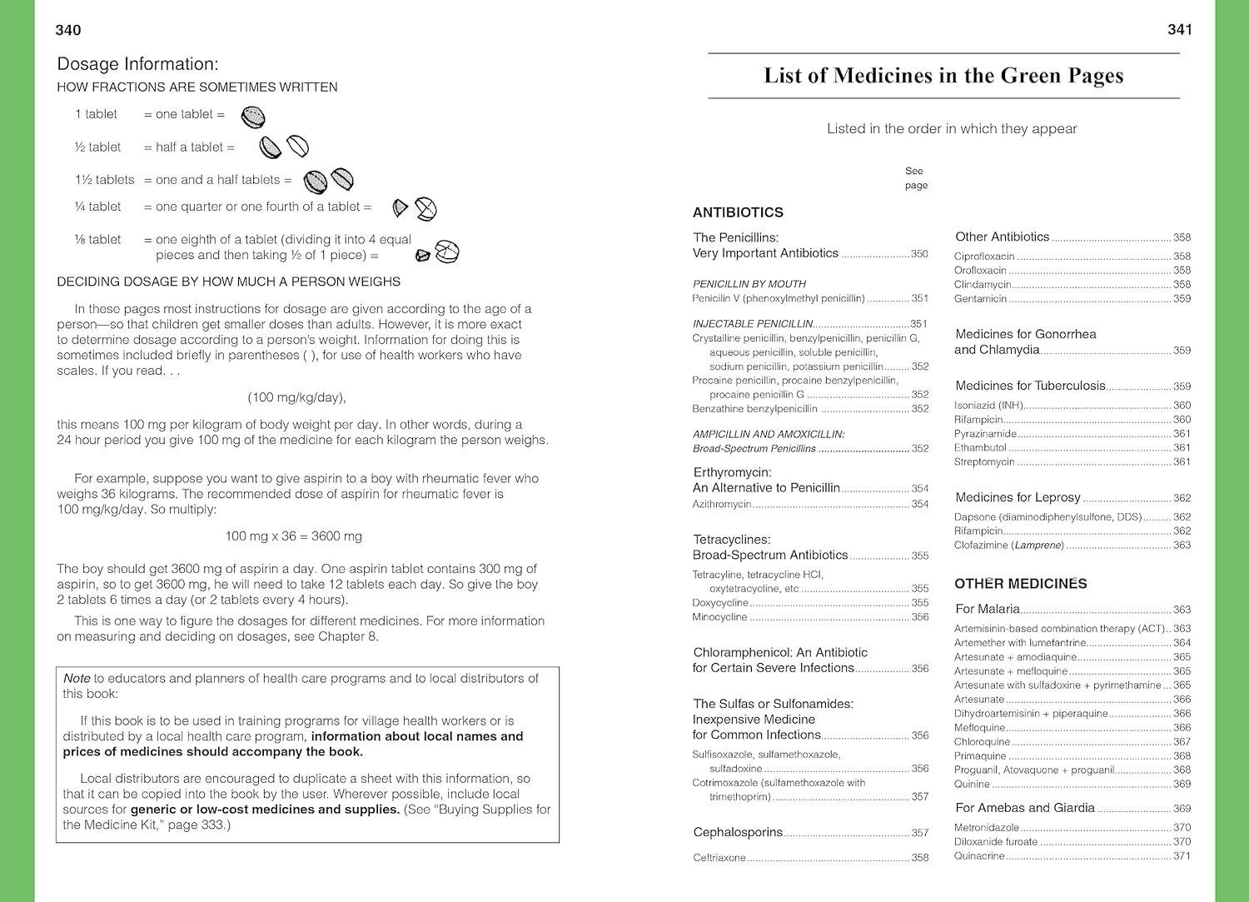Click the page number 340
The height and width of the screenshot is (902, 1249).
coord(68,31)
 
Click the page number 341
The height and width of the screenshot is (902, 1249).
coord(1180,30)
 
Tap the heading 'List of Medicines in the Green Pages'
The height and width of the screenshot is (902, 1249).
coord(943,76)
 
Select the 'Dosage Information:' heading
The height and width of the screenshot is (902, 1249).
coord(137,64)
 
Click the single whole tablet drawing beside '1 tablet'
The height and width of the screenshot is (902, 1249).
coord(253,117)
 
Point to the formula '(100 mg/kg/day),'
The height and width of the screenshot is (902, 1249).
coord(296,397)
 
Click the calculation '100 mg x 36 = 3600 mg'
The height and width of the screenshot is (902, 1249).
coord(293,536)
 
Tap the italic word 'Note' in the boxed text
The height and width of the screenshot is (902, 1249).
coord(77,679)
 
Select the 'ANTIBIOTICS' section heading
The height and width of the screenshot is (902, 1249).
coord(738,212)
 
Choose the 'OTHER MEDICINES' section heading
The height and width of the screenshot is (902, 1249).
coord(1020,584)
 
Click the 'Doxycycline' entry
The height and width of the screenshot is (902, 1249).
coord(720,603)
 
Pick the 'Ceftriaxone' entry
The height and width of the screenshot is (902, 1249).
coord(719,858)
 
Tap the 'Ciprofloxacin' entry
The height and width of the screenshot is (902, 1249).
coord(984,257)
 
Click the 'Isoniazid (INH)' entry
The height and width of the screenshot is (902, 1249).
coord(988,406)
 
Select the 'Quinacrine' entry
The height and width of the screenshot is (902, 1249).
coord(979,856)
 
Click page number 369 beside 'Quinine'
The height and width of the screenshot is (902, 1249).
coord(1182,785)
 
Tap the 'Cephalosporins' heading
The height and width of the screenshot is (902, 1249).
coord(738,832)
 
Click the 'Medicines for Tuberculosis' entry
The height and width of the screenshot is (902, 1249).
coord(1030,386)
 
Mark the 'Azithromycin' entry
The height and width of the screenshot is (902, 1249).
coord(722,505)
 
